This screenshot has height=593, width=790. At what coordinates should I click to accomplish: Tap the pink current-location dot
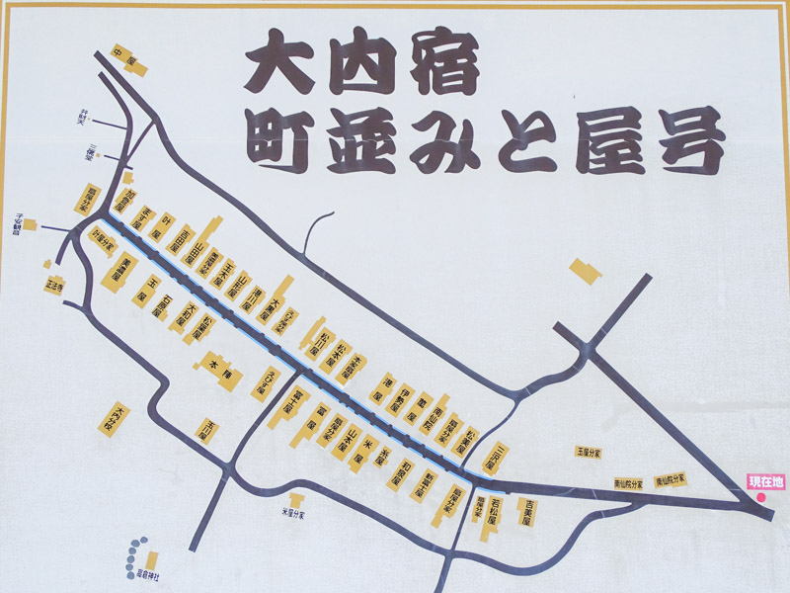point(762,497)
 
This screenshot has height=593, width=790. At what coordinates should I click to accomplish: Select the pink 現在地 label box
point(765,481)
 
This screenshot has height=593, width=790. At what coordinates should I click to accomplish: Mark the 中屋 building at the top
point(127,60)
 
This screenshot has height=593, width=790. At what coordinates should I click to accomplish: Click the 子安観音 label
point(22,220)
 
